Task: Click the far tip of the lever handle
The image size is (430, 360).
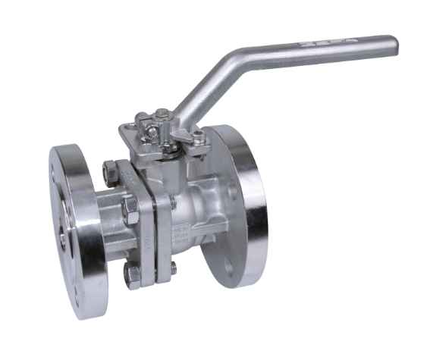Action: click(391, 43)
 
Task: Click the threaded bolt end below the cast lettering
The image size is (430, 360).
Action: click(174, 267)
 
